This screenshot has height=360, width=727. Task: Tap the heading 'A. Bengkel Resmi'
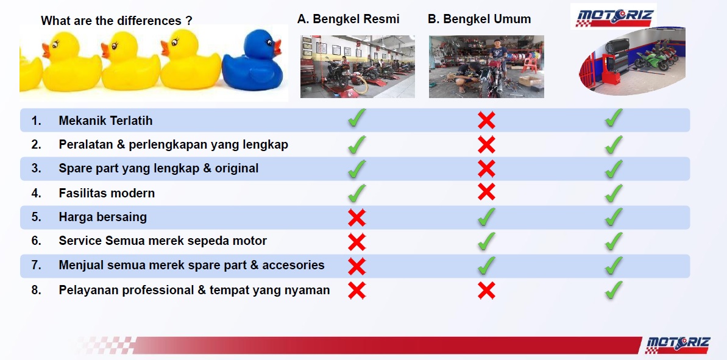[348, 19]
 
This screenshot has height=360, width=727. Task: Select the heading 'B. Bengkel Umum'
[480, 19]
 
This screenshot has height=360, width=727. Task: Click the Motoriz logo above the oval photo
[614, 16]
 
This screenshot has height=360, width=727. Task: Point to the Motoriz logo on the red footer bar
[678, 345]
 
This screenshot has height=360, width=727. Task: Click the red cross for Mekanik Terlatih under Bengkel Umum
[486, 121]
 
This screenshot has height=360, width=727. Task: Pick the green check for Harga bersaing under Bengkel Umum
[486, 217]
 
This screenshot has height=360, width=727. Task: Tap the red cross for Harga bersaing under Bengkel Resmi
[356, 217]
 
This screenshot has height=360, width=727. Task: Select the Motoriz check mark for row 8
[614, 289]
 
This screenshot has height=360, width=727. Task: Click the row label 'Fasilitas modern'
[107, 193]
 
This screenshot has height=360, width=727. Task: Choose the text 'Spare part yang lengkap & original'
[158, 169]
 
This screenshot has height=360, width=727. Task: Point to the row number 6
[36, 241]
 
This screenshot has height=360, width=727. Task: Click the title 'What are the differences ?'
[116, 20]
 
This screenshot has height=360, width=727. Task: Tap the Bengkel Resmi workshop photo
[358, 67]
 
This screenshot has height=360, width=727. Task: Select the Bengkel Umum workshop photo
[486, 67]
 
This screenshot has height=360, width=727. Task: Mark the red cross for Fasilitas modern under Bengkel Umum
[486, 191]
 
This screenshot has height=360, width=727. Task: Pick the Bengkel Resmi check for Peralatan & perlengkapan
[356, 144]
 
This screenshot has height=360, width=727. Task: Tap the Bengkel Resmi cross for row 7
[356, 266]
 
